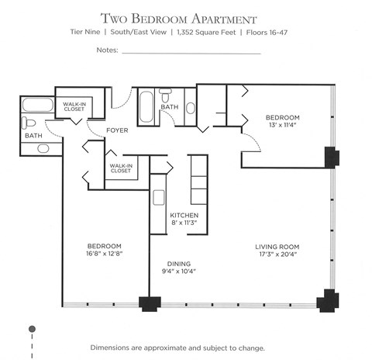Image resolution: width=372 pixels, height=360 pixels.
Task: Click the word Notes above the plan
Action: pos(106,51)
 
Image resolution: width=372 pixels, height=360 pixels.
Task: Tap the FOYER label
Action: pos(117,131)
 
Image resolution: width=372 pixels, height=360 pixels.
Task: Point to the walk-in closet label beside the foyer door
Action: pos(120,168)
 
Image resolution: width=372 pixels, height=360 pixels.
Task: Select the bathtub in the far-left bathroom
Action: pos(37,105)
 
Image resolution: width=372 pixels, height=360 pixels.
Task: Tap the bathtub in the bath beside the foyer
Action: pos(147,109)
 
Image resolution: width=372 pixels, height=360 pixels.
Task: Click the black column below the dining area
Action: pos(146,305)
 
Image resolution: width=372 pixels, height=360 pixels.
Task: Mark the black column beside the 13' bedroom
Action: pos(329,157)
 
